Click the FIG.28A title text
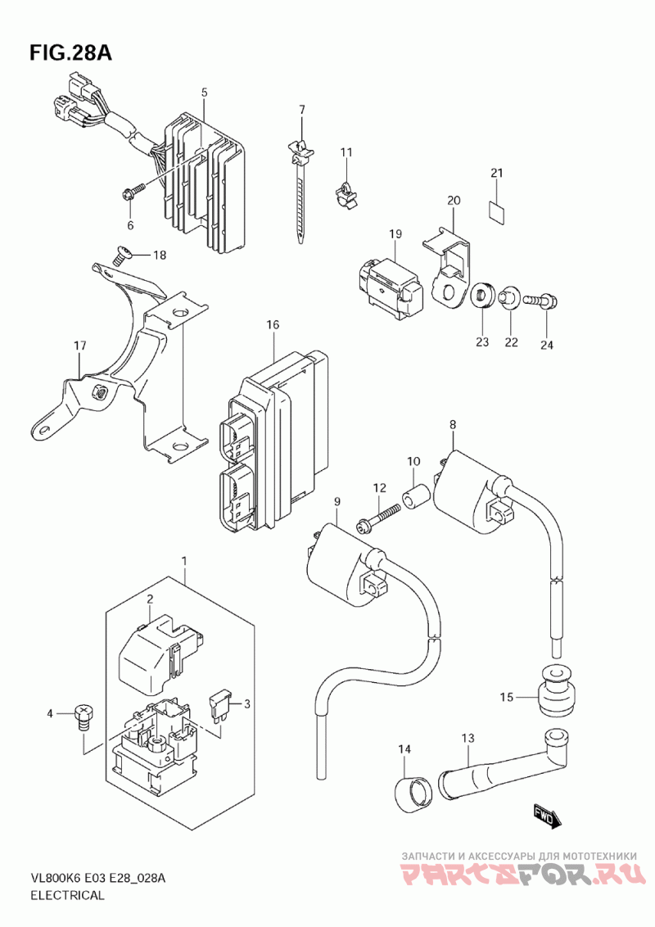click(x=70, y=53)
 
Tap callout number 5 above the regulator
click(x=205, y=93)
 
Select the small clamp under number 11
click(x=347, y=193)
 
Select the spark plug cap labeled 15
click(x=555, y=692)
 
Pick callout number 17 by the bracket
click(x=79, y=346)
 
